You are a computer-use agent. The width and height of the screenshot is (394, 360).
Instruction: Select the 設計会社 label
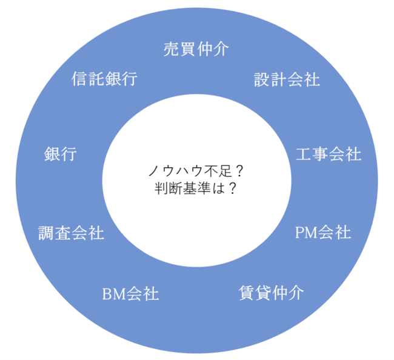(287, 79)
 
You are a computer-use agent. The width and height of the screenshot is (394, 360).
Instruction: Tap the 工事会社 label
(329, 154)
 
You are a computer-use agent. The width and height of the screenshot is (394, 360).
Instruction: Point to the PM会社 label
(322, 232)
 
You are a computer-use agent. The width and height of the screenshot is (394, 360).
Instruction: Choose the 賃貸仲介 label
(269, 293)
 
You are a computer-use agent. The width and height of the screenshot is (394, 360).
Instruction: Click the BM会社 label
(130, 295)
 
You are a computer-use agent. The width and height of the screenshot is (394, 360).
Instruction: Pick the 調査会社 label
(71, 233)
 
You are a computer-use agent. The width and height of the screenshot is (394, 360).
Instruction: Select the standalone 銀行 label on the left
(61, 154)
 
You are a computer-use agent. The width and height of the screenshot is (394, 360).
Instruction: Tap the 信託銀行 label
(104, 79)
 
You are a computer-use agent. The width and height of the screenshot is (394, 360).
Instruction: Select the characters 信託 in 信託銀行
(88, 79)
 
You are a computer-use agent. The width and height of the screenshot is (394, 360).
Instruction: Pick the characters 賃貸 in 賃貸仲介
(253, 293)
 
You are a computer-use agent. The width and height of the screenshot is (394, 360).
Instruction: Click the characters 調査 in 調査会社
(55, 233)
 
